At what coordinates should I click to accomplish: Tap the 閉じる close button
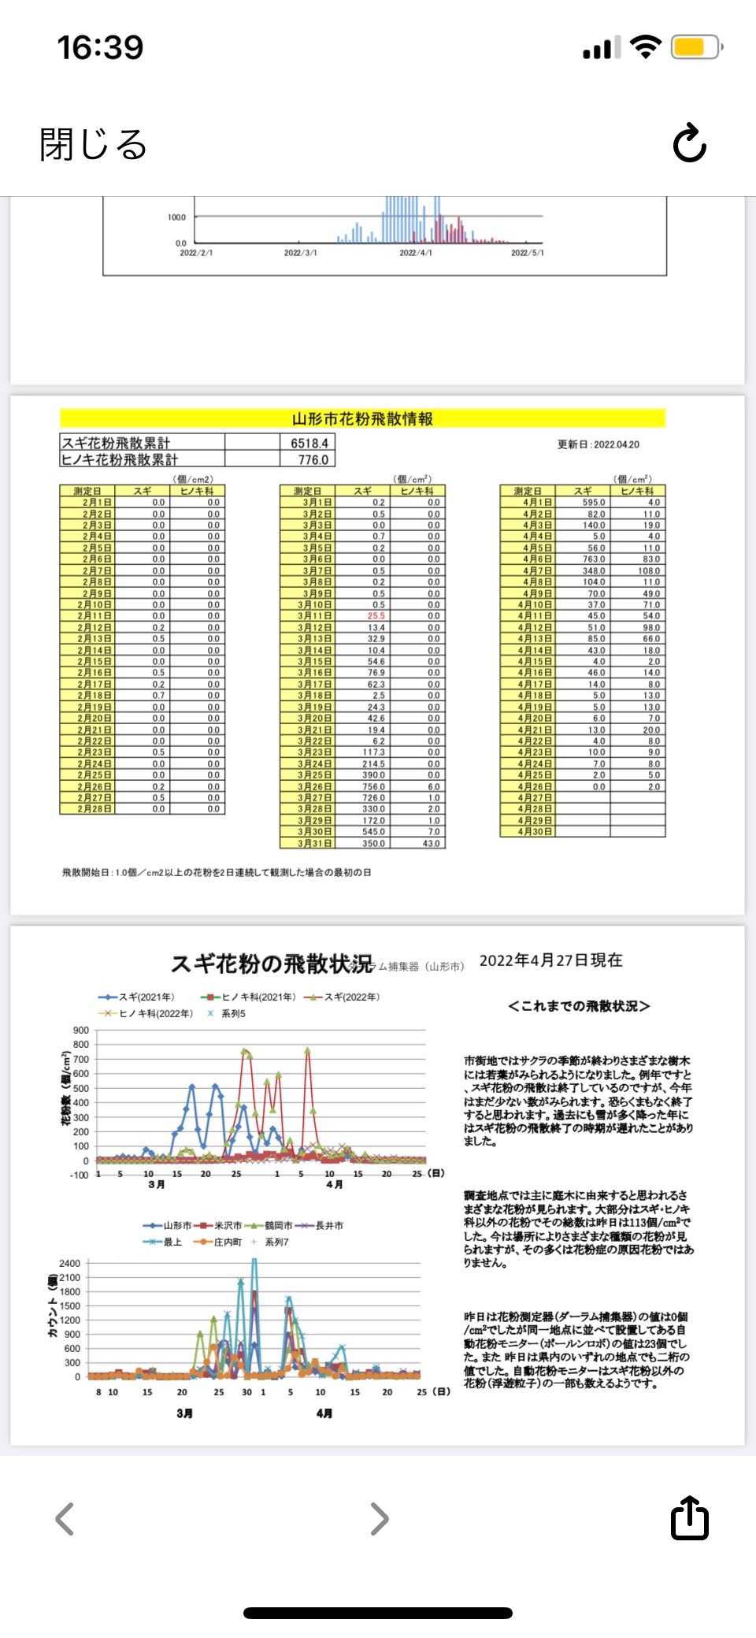point(93,144)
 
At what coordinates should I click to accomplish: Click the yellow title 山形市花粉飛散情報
point(362,418)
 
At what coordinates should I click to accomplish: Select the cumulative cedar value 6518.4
point(309,443)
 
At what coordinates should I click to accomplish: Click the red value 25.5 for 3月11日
point(376,616)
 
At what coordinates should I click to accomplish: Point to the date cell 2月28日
point(87,808)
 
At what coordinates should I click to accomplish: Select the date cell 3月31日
point(308,843)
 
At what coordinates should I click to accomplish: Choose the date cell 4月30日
point(528,832)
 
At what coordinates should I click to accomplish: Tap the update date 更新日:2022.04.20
point(598,444)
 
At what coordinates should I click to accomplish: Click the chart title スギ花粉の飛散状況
point(272,964)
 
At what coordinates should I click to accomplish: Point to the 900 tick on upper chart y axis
point(80,1030)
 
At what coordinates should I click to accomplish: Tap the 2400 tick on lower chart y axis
point(69,1263)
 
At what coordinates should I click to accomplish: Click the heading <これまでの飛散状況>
point(579,1006)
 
